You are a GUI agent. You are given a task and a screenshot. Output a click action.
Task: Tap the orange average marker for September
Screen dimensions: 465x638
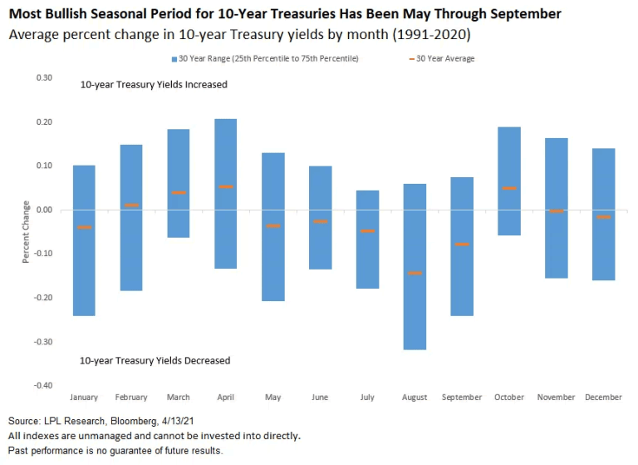[462, 244]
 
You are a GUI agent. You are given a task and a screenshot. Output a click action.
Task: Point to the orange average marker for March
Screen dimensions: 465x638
[178, 192]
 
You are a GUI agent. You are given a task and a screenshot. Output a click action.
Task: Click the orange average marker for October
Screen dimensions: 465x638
[509, 188]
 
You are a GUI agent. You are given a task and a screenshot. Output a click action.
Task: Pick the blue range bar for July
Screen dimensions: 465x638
[367, 239]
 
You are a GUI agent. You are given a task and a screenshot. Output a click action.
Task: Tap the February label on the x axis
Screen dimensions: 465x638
[130, 398]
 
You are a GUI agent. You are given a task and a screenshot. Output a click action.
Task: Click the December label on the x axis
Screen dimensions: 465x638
[603, 398]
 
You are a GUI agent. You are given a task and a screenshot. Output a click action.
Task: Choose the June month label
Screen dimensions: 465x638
[320, 398]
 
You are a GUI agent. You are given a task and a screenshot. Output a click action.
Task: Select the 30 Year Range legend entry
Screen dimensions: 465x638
[265, 58]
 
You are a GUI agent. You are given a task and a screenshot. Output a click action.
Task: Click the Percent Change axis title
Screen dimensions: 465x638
[26, 231]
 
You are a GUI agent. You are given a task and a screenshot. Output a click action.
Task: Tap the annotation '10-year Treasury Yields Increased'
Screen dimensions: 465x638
[154, 85]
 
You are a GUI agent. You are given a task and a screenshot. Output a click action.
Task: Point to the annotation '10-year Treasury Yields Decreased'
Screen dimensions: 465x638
[155, 360]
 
